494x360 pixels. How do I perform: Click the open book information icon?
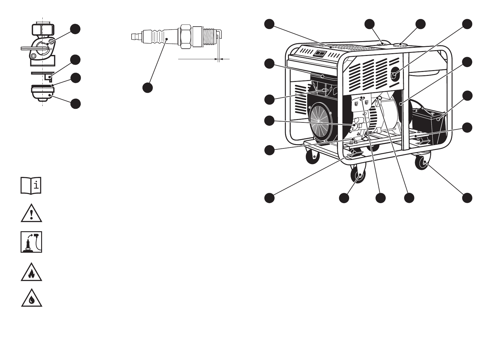(x=31, y=185)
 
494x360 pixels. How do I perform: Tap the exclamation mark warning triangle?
(x=31, y=214)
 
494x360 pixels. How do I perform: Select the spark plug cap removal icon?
(x=31, y=242)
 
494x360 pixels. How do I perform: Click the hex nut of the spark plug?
(x=186, y=36)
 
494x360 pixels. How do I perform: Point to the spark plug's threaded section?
(x=208, y=37)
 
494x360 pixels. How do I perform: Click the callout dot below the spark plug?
(x=147, y=87)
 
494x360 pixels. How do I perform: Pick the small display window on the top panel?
(x=320, y=54)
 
